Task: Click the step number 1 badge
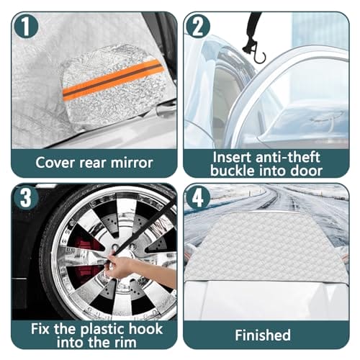26,27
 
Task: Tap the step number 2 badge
198,27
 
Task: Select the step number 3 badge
26,197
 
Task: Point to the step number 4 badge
198,197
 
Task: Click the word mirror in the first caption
132,163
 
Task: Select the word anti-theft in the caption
288,158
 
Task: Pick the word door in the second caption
306,171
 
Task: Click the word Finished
263,335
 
